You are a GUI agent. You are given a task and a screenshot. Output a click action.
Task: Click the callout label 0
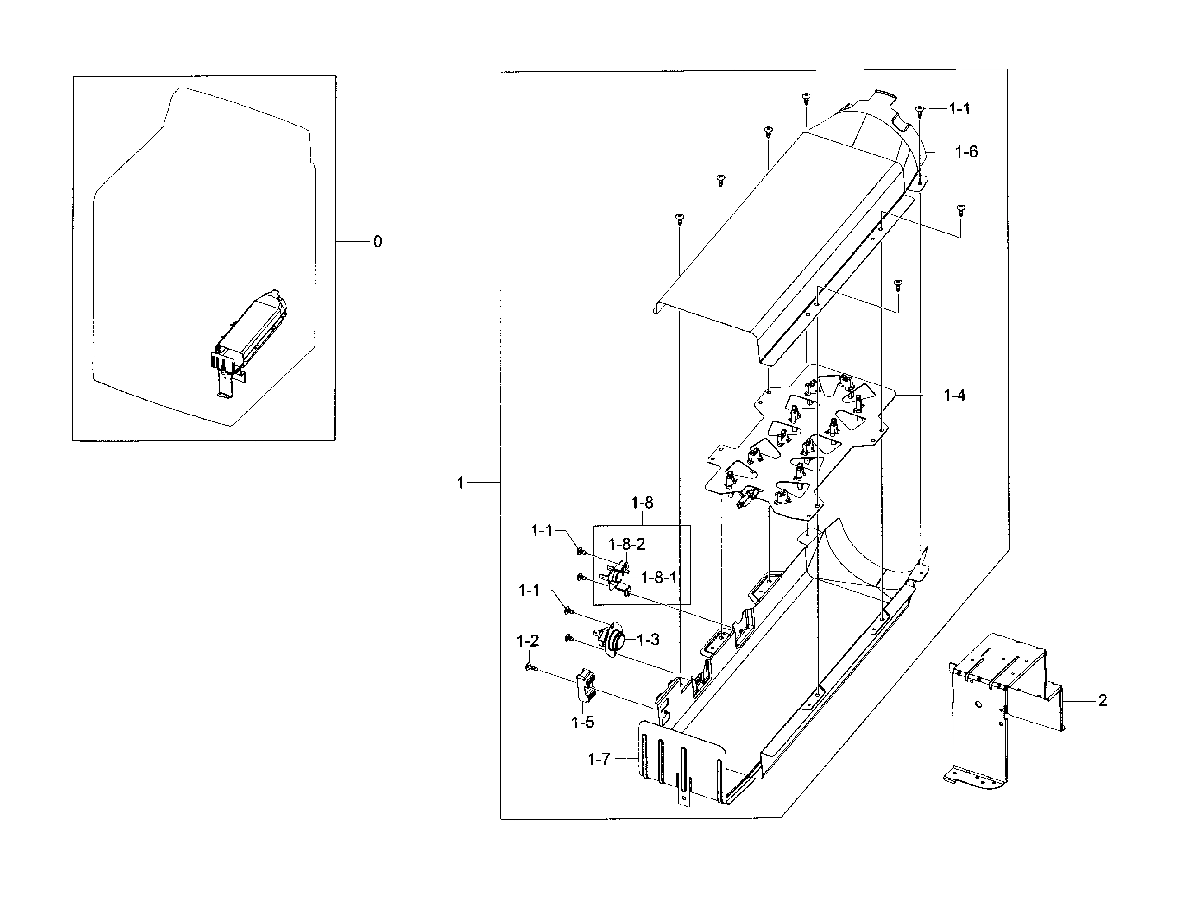coord(378,242)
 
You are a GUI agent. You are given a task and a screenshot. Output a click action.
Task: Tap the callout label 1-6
coord(966,152)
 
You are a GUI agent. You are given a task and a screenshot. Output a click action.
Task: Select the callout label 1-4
coord(954,396)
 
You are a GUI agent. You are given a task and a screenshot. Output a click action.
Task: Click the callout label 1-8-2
coord(626,544)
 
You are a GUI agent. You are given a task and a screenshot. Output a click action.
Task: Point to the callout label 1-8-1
coord(658,578)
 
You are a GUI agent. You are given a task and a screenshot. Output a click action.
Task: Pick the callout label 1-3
coord(648,640)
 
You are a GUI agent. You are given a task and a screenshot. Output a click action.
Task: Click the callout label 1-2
coord(528,641)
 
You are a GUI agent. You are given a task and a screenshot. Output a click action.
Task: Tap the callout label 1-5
coord(583,722)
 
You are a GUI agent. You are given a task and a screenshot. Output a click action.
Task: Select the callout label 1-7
coord(599,760)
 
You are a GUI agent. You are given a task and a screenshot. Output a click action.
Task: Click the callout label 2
coord(1102,701)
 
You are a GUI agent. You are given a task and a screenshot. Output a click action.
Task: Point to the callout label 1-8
coord(642,503)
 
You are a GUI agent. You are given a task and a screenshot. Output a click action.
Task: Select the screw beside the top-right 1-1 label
coord(919,111)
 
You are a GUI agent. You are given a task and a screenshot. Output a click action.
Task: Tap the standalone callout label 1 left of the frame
coord(461,483)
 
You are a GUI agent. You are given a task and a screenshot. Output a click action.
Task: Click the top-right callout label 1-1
coord(959,109)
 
